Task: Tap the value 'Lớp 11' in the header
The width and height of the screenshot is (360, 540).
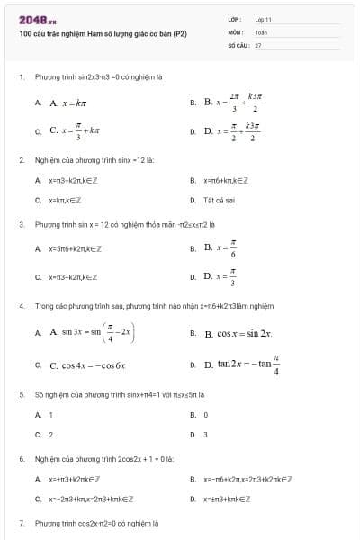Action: pyautogui.click(x=263, y=19)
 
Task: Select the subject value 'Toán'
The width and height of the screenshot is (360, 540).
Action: pyautogui.click(x=261, y=31)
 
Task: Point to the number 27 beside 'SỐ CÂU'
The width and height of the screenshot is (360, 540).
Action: pyautogui.click(x=258, y=44)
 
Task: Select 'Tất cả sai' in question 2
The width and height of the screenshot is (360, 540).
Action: pyautogui.click(x=220, y=200)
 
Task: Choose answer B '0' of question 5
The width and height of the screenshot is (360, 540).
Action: pyautogui.click(x=206, y=415)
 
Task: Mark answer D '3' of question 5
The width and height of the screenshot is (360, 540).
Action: pyautogui.click(x=206, y=435)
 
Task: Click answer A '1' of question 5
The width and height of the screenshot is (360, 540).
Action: pyautogui.click(x=50, y=415)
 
